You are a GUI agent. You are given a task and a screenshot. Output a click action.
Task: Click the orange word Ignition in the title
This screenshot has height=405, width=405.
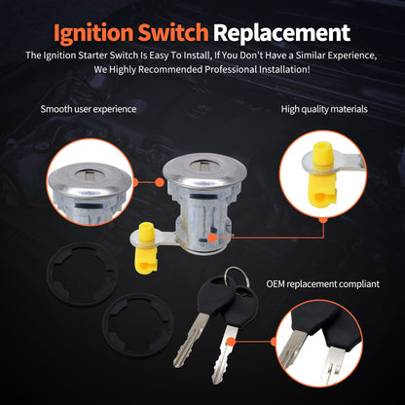(x=93, y=33)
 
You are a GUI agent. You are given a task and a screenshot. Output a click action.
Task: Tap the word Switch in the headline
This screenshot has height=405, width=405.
(x=173, y=32)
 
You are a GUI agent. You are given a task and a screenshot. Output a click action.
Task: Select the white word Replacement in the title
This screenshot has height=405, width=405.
(x=281, y=33)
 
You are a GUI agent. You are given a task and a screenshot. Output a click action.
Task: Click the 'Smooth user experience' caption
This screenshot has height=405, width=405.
(x=89, y=109)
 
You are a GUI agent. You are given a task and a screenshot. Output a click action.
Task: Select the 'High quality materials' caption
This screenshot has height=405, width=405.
(x=324, y=109)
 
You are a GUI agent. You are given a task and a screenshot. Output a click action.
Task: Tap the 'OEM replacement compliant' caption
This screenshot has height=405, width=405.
(x=322, y=284)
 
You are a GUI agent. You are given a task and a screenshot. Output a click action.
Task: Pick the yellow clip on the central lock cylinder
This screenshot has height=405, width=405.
(x=146, y=247)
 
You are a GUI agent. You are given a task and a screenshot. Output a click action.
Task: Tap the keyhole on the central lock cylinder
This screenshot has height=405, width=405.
(x=203, y=166)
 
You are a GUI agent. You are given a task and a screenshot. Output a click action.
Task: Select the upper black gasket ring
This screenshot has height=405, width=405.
(x=82, y=275)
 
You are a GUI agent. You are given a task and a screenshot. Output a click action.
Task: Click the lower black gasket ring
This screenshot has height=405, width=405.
(x=138, y=325)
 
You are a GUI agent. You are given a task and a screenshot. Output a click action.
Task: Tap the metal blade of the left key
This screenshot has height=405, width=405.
(x=190, y=340)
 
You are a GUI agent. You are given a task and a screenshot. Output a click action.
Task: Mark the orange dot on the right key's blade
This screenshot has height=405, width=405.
(x=231, y=342)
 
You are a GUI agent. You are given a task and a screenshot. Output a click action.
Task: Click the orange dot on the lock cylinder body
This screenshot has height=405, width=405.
(x=212, y=238)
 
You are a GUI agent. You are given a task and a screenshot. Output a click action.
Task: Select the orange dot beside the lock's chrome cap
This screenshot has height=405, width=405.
(x=159, y=182)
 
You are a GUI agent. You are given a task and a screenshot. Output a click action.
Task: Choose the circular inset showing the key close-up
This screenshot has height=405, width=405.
(x=319, y=344)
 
